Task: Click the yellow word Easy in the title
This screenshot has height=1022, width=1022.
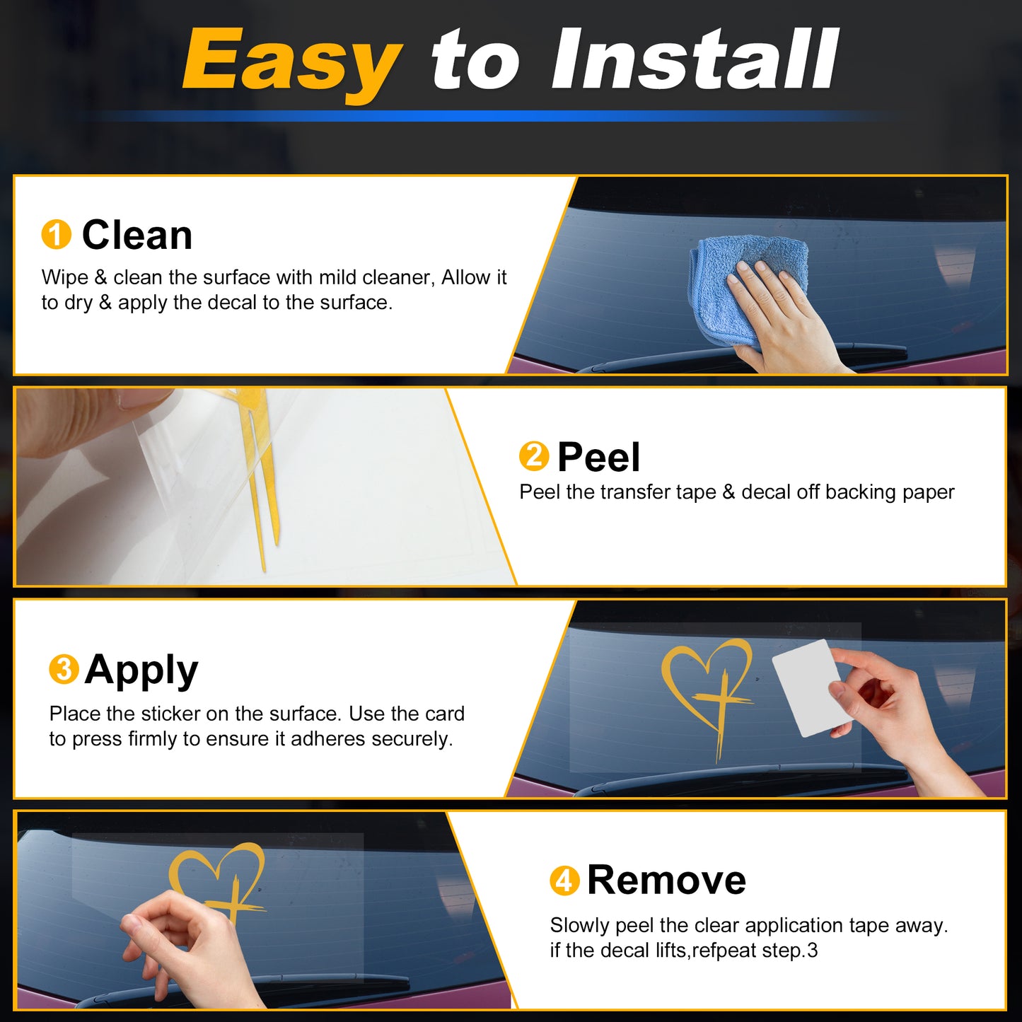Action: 291,62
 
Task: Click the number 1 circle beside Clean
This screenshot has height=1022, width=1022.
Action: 56,234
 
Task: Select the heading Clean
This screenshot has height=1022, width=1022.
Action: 137,235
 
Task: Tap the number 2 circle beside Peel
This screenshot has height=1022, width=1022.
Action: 534,455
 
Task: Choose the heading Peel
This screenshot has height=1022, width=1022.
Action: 599,456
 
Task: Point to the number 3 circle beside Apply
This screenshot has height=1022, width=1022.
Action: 64,669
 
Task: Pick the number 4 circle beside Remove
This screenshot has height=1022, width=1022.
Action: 565,881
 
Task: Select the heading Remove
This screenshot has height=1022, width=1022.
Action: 667,881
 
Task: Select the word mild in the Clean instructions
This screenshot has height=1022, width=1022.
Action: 332,277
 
